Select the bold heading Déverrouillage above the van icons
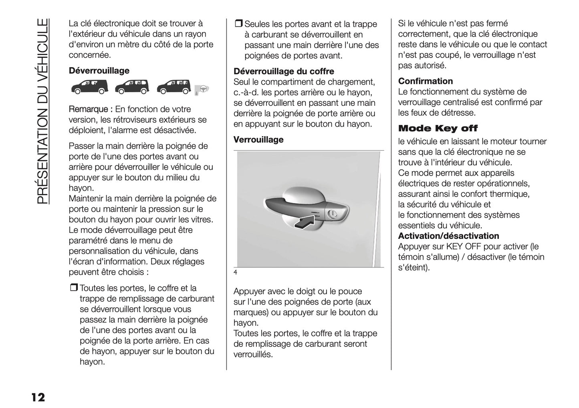[x=99, y=71]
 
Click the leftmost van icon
[x=90, y=87]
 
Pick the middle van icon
[x=132, y=87]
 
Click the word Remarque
[x=88, y=109]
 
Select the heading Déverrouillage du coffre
[x=283, y=72]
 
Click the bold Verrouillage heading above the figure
[x=258, y=140]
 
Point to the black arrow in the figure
[x=306, y=222]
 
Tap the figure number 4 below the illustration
[x=236, y=273]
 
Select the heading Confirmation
[x=425, y=81]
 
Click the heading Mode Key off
[x=438, y=129]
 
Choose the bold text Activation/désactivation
[x=448, y=236]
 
